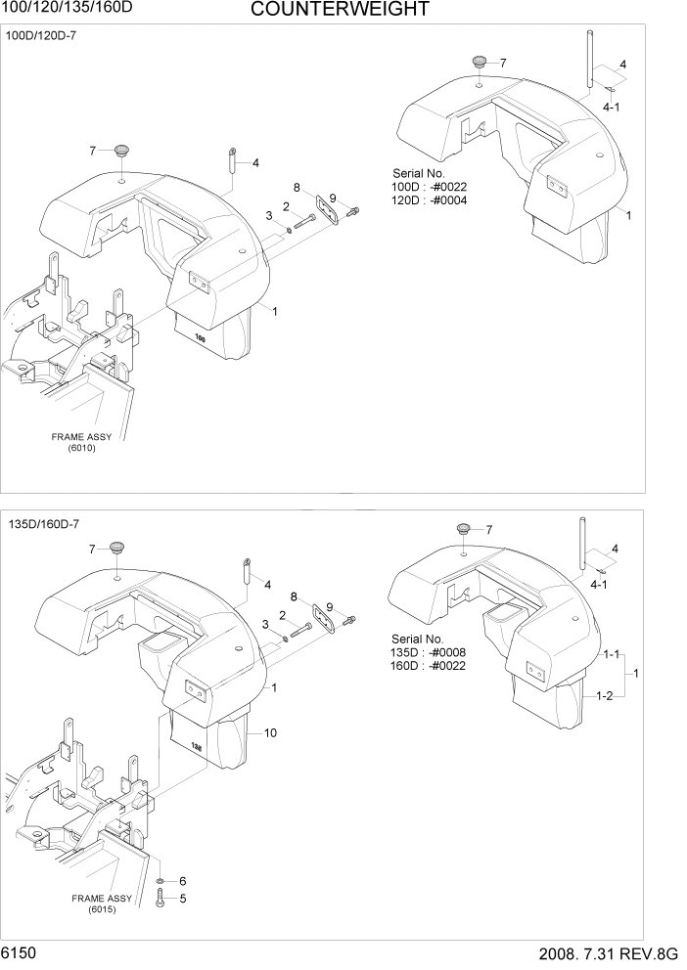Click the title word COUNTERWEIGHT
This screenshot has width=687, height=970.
click(x=339, y=11)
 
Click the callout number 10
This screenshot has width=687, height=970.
click(x=270, y=732)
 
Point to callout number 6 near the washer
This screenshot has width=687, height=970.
click(x=182, y=881)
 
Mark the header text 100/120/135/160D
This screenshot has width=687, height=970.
click(x=57, y=9)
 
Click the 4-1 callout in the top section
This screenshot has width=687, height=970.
click(x=611, y=107)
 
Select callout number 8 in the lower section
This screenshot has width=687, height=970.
click(x=296, y=595)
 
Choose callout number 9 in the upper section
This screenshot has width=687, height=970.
click(x=332, y=198)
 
